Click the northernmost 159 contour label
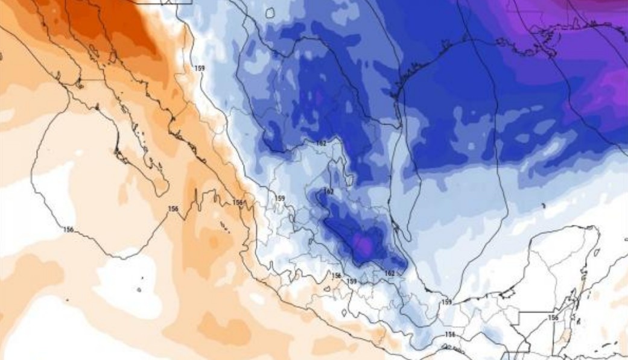click(199, 68)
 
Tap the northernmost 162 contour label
click(322, 143)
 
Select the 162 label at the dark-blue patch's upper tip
click(329, 191)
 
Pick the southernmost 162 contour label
click(390, 273)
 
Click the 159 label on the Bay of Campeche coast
click(446, 302)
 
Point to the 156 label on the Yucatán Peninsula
click(553, 317)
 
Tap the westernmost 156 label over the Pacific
click(68, 229)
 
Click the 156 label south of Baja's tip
click(173, 209)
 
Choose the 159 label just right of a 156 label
click(352, 281)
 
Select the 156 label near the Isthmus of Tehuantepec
click(449, 334)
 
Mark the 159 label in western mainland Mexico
click(279, 198)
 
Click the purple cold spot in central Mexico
click(364, 245)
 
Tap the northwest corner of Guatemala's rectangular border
click(520, 314)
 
